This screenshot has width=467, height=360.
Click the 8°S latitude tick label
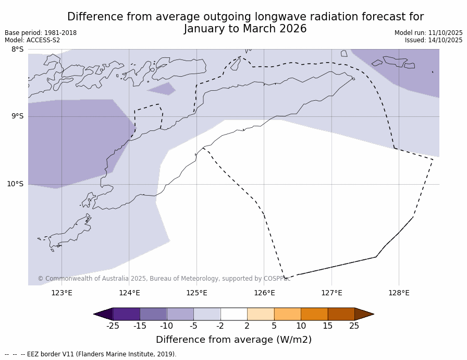[17, 50]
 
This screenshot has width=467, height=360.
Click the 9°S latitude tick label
[17, 116]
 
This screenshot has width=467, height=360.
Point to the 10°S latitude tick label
[15, 184]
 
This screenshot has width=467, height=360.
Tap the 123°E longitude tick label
[62, 293]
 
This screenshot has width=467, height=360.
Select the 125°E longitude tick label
[196, 293]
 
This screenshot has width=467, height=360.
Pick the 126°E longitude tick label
[264, 293]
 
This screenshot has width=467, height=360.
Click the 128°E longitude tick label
[399, 293]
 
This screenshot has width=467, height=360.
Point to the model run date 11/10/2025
[445, 33]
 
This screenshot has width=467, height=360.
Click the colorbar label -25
[113, 326]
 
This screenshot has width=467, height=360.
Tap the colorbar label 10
[301, 326]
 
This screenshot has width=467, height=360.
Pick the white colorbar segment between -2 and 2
[233, 314]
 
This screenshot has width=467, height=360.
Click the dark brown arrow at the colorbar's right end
[364, 314]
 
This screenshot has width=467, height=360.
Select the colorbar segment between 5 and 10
[287, 314]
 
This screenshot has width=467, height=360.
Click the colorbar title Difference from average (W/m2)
[233, 340]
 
